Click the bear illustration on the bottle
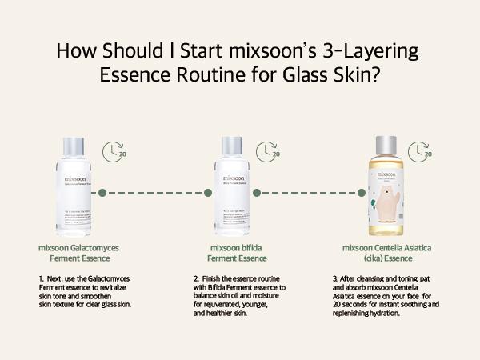coord(389,205)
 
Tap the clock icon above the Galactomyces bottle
coord(118,151)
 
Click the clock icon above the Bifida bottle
coord(268,151)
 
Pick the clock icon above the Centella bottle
coord(419,151)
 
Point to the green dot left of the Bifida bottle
coord(206,192)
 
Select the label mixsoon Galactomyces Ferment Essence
coord(73,253)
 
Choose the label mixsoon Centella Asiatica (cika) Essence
coord(386,253)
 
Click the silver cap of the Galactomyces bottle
coord(73,148)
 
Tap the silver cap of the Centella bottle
coord(386,148)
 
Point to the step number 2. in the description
coord(195,279)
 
